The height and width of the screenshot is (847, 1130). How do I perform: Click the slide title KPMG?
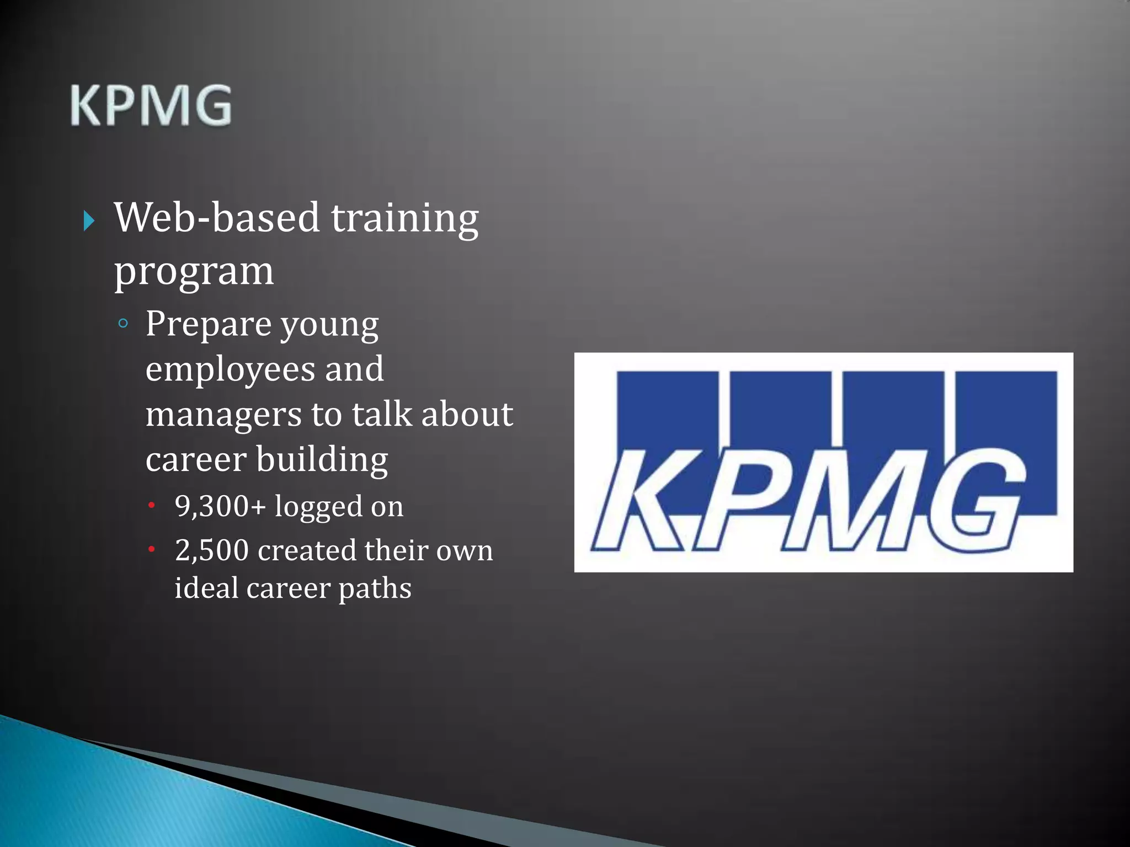[151, 106]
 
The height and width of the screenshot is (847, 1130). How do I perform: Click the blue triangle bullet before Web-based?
[89, 221]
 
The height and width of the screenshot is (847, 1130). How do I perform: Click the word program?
[194, 272]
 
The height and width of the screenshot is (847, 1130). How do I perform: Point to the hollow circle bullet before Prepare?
[123, 324]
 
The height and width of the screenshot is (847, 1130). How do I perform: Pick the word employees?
[228, 369]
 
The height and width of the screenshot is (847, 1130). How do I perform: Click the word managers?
[223, 415]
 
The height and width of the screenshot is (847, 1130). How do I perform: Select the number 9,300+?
[220, 506]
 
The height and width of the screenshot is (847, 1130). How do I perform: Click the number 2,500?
[212, 550]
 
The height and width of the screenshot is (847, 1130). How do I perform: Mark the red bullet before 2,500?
[151, 549]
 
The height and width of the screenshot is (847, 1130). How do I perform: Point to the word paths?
[375, 588]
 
